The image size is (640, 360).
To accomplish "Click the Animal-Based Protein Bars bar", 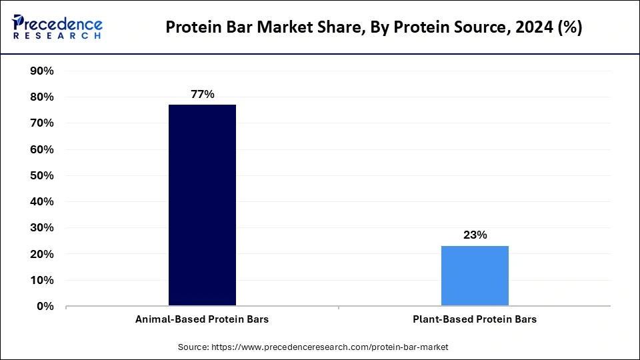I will click(202, 205).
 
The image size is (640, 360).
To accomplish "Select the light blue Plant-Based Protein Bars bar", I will click(475, 276).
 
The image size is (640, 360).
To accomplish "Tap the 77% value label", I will click(202, 95).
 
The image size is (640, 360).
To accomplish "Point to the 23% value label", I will click(475, 235).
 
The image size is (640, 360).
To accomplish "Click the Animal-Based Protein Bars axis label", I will click(202, 319).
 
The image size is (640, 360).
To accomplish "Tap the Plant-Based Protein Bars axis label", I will click(475, 319).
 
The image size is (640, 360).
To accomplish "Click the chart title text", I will click(373, 28).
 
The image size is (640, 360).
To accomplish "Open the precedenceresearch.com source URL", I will click(329, 347).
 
